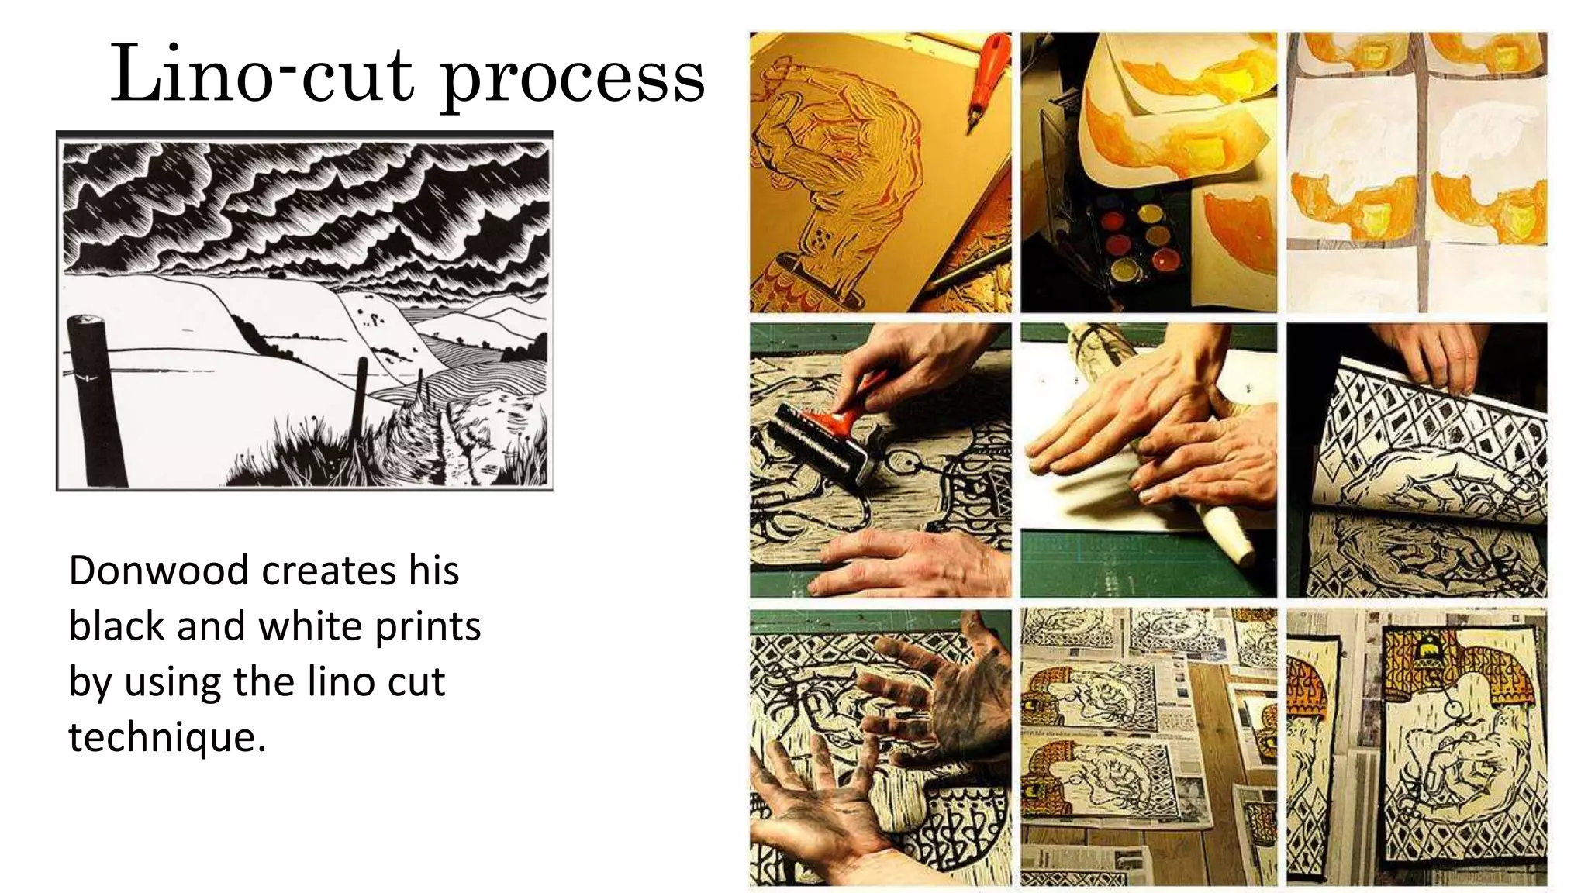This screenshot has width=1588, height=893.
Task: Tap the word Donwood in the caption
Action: coord(159,571)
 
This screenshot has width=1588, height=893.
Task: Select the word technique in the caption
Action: coord(166,737)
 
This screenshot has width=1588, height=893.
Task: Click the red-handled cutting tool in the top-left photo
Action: coord(985,78)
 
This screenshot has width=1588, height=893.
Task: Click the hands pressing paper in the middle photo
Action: coord(1155,434)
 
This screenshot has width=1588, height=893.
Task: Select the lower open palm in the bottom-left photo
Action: coord(814,806)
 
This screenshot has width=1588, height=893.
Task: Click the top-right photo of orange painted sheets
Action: coord(1417,172)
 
